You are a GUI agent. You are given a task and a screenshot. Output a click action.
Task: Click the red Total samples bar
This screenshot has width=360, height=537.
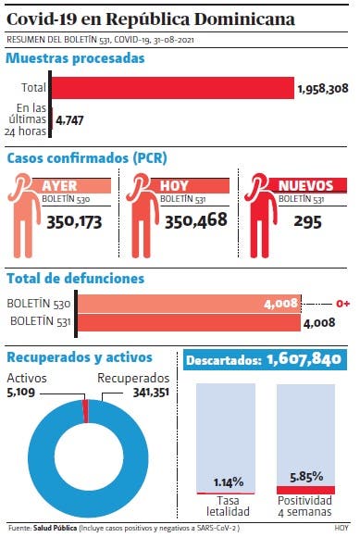(x=173, y=88)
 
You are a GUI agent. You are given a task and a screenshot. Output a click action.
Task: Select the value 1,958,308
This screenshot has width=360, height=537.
(x=323, y=89)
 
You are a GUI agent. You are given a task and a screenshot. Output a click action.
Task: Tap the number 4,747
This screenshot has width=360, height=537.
(x=69, y=120)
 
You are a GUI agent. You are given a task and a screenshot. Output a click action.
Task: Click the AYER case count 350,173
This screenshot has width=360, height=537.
(x=74, y=222)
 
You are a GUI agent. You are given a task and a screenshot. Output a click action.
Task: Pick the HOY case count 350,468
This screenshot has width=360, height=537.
(x=196, y=220)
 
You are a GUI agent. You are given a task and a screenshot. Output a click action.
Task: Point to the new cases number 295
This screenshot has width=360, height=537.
(x=307, y=222)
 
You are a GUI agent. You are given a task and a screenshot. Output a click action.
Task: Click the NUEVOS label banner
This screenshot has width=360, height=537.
(x=305, y=185)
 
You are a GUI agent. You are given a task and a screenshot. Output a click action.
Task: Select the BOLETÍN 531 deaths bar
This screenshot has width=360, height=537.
(x=189, y=322)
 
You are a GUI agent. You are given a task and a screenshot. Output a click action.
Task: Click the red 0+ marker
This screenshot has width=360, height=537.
(x=342, y=304)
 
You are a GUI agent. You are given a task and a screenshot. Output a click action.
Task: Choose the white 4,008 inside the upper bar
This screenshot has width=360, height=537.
(x=280, y=304)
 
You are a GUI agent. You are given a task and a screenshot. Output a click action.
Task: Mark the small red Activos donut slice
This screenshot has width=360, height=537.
(x=85, y=411)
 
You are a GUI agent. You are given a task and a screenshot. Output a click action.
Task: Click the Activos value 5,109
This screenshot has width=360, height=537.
(x=21, y=392)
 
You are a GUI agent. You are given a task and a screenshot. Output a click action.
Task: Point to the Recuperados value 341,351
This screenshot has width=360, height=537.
(x=151, y=393)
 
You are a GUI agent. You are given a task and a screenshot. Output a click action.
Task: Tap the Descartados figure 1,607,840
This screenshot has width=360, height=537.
(x=304, y=359)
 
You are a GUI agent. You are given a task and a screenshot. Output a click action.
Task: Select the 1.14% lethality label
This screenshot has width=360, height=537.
(x=229, y=482)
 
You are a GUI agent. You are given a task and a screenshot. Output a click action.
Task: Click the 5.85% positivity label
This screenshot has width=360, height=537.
(x=306, y=477)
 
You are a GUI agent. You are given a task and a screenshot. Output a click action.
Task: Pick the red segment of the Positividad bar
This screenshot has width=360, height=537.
(x=305, y=490)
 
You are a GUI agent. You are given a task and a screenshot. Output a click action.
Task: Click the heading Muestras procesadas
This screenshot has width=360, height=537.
(x=75, y=58)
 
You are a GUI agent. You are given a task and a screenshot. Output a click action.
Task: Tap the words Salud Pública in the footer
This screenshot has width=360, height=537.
(x=55, y=528)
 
